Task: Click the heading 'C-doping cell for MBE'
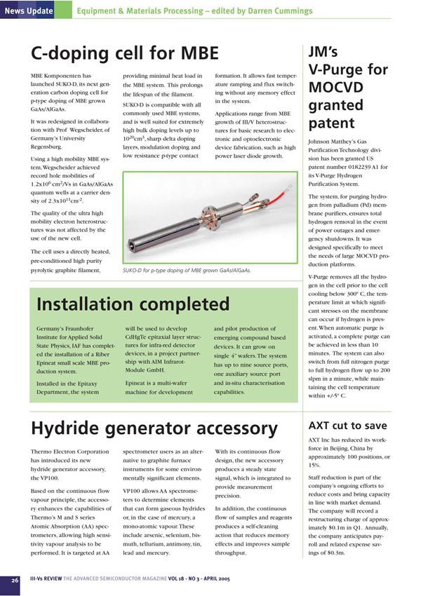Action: [126, 53]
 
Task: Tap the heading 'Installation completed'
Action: [133, 304]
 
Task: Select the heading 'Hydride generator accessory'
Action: [154, 428]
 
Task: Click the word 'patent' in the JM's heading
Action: [334, 123]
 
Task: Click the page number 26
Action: [15, 580]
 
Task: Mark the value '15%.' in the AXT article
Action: [316, 464]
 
